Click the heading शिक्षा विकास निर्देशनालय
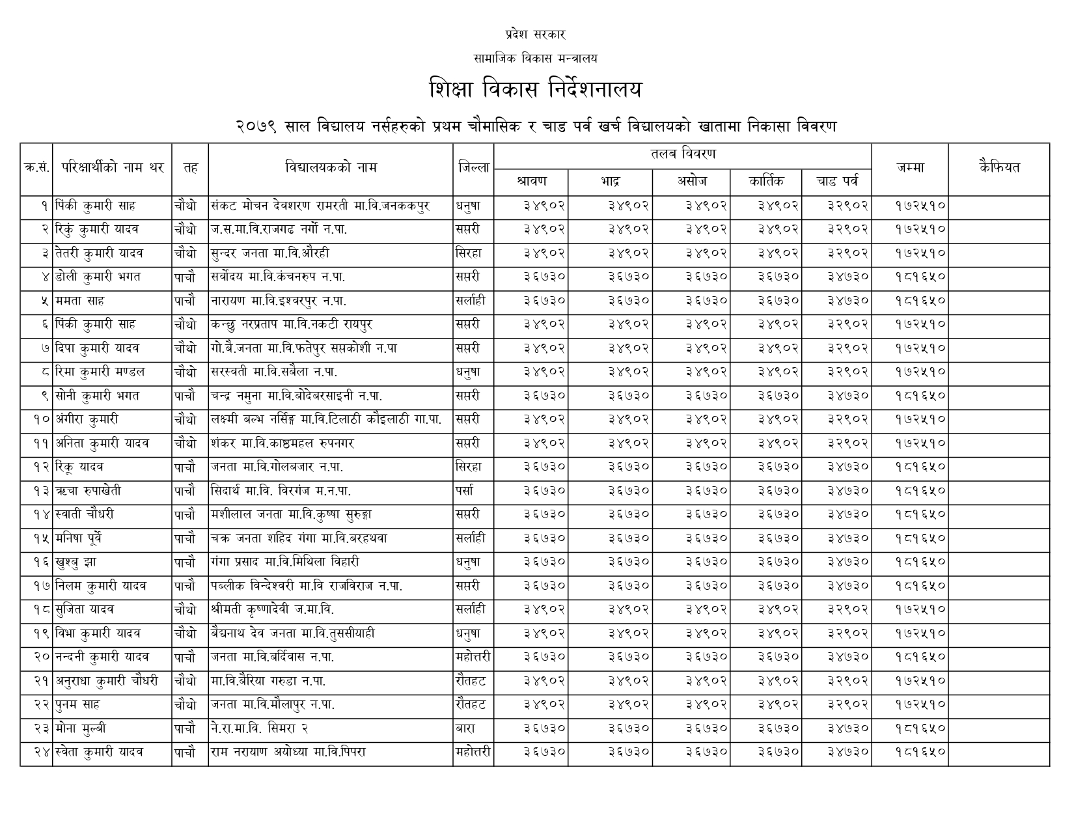click(536, 90)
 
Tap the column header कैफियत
click(999, 167)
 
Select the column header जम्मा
click(909, 167)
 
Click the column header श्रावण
click(531, 181)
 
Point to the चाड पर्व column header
click(836, 181)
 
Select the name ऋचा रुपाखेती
click(89, 491)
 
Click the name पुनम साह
click(77, 704)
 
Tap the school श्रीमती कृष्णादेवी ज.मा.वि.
click(273, 609)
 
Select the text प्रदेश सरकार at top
click(535, 35)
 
